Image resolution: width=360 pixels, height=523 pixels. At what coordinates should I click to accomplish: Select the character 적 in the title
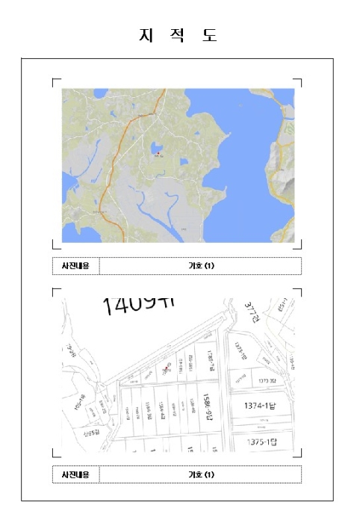179,35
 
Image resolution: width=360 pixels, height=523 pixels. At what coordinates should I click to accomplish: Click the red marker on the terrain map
158,152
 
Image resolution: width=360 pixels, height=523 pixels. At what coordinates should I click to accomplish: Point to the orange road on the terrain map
116,157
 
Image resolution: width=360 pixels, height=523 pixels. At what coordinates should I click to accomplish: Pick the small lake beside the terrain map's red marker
157,146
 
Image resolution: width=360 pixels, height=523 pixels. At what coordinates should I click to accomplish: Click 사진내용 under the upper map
75,265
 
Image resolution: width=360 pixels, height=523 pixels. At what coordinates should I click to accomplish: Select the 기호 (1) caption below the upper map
200,265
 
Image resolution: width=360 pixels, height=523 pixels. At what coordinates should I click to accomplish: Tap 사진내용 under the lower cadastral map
75,474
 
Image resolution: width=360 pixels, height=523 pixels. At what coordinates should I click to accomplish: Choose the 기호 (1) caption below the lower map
200,474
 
